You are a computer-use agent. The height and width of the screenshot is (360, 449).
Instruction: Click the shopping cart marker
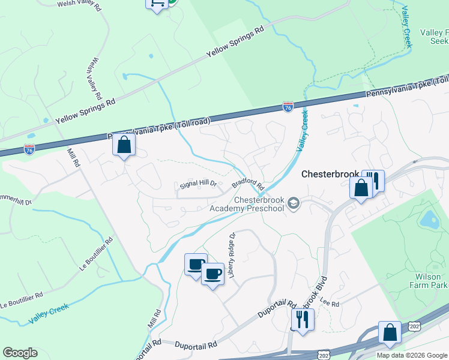157,4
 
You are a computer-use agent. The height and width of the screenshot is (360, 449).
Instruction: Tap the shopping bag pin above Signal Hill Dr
124,146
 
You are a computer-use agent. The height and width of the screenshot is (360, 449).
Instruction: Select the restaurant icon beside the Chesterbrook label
375,179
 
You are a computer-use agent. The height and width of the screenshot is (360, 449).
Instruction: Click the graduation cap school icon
294,203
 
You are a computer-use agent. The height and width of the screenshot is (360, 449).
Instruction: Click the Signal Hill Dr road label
198,185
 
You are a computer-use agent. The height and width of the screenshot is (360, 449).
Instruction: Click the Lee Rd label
330,304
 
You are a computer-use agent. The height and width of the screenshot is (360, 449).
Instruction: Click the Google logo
20,353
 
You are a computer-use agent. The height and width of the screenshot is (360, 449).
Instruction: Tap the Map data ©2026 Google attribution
411,355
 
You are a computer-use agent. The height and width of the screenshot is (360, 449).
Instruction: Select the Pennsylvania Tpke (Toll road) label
159,128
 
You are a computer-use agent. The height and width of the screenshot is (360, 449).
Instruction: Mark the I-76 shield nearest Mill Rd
29,148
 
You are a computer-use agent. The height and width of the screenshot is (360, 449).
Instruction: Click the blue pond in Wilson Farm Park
429,220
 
